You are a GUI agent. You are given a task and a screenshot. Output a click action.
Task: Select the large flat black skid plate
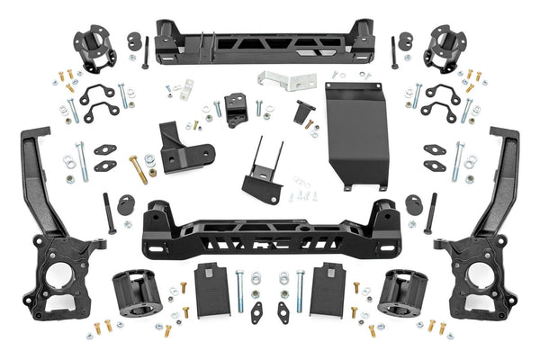353,130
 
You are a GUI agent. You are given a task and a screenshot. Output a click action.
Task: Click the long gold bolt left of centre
139,168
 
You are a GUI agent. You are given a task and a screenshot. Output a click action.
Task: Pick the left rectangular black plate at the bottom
212,287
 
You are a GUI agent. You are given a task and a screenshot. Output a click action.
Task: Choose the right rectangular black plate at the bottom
327,287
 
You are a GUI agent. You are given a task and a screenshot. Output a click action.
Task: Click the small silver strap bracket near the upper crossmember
185,89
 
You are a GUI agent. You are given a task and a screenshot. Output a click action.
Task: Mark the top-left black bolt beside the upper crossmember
144,53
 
